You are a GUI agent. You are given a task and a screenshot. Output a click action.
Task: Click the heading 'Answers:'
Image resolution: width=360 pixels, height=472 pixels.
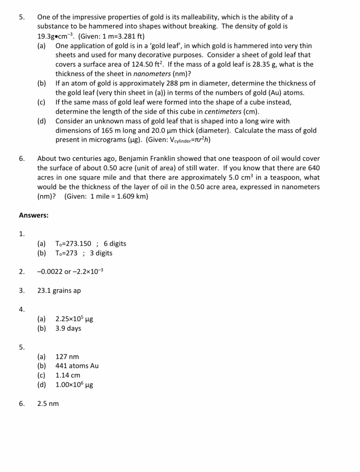[x=33, y=215]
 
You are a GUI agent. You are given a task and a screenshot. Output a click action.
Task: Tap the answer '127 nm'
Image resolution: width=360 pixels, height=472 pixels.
[x=67, y=357]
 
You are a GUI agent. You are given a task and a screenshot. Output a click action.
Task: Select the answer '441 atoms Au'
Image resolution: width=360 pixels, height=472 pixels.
[x=77, y=366]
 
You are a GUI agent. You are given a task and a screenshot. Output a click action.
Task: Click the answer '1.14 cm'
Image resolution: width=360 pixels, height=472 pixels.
[x=68, y=375]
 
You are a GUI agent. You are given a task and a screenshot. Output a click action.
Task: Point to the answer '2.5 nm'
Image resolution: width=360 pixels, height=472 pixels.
[x=48, y=404]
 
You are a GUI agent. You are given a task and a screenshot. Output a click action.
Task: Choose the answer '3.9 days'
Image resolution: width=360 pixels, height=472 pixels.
[x=68, y=328]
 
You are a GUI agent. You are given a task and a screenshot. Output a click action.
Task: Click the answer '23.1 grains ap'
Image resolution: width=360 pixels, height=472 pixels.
[x=59, y=291]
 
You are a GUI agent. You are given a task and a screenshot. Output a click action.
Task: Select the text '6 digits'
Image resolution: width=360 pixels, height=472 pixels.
[x=115, y=244]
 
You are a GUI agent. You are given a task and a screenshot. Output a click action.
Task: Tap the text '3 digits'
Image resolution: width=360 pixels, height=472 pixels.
[x=101, y=253]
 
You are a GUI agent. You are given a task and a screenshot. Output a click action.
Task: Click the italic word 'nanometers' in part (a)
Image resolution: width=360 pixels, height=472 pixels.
[x=154, y=74]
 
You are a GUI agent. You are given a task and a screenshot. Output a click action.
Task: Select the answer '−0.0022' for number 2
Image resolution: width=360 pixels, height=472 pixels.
[x=50, y=272]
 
